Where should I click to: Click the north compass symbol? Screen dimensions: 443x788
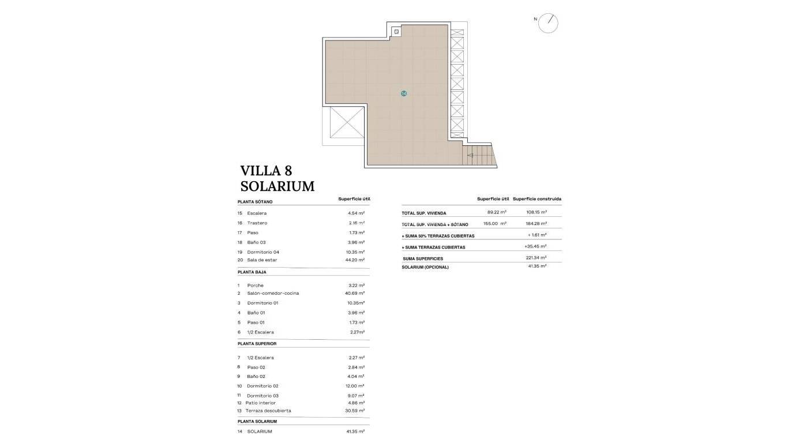point(548,23)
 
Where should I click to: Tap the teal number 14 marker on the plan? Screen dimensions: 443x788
point(404,93)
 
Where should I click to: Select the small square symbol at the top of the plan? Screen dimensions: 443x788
point(396,31)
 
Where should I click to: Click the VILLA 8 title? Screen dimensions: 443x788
point(266,171)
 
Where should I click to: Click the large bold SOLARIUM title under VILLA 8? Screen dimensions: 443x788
point(277,186)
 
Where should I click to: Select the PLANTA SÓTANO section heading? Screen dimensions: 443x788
point(255,202)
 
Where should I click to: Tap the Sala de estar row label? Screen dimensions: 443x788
point(261,260)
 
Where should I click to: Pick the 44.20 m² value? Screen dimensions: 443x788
point(354,260)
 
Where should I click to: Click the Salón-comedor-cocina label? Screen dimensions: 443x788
point(273,293)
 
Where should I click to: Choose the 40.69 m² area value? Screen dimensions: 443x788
point(354,293)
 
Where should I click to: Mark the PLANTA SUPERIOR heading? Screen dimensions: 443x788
point(257,344)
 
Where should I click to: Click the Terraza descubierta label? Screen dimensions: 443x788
point(268,411)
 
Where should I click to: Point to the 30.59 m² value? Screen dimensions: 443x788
point(354,411)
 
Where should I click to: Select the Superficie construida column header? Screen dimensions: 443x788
point(536,199)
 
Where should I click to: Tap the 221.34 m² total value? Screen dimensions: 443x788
point(536,258)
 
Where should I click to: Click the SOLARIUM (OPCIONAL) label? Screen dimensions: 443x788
point(425,267)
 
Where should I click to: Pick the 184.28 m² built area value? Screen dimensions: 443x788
point(536,223)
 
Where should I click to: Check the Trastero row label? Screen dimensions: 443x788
point(257,223)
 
